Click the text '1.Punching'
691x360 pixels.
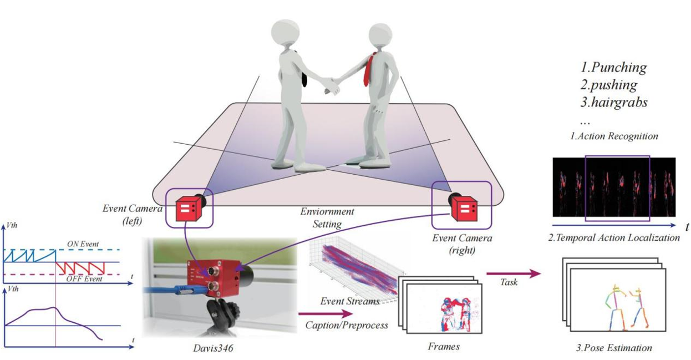point(613,68)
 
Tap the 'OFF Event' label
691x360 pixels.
point(81,278)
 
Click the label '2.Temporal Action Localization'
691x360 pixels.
point(613,238)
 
